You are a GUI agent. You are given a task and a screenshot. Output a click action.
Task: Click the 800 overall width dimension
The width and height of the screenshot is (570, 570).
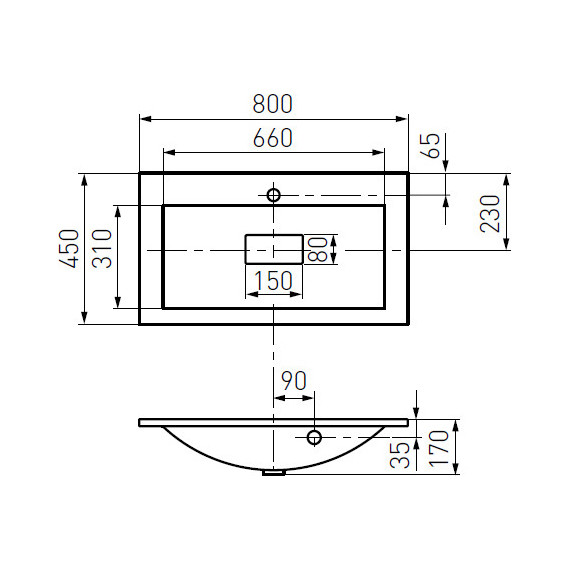click(273, 104)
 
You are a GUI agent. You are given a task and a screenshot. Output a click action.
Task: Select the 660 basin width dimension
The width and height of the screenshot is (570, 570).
click(273, 138)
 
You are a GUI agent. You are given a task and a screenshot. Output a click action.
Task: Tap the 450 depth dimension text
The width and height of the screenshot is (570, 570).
click(69, 249)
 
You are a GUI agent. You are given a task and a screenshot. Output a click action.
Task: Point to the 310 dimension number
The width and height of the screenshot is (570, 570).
click(102, 249)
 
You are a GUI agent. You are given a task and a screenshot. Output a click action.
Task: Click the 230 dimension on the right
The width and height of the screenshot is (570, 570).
click(490, 214)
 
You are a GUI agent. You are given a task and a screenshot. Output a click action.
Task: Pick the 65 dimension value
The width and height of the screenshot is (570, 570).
click(430, 146)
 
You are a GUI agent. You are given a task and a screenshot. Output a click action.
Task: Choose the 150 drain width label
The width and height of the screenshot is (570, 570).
click(273, 280)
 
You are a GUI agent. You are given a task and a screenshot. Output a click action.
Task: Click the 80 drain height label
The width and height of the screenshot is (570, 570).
click(317, 249)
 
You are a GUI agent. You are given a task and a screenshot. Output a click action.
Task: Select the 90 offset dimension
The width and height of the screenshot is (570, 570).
click(294, 381)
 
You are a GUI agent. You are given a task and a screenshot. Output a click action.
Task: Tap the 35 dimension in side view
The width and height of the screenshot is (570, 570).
click(400, 455)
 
